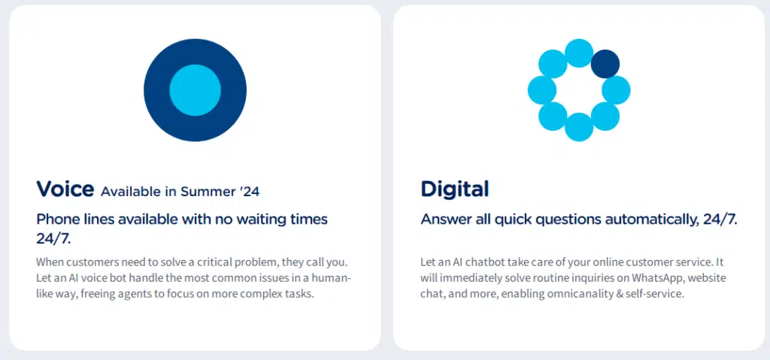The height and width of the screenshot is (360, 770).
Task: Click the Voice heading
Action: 65,188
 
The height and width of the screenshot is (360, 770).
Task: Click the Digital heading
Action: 454,189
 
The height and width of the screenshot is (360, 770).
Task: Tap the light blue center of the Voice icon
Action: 195,90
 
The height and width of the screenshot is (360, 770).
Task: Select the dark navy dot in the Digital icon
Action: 605,64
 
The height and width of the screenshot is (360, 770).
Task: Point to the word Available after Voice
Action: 131,192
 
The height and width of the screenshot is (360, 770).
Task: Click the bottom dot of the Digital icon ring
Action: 579,127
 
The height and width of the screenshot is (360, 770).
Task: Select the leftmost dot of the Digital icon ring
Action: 541,90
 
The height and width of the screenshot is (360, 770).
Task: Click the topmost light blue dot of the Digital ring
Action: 579,53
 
